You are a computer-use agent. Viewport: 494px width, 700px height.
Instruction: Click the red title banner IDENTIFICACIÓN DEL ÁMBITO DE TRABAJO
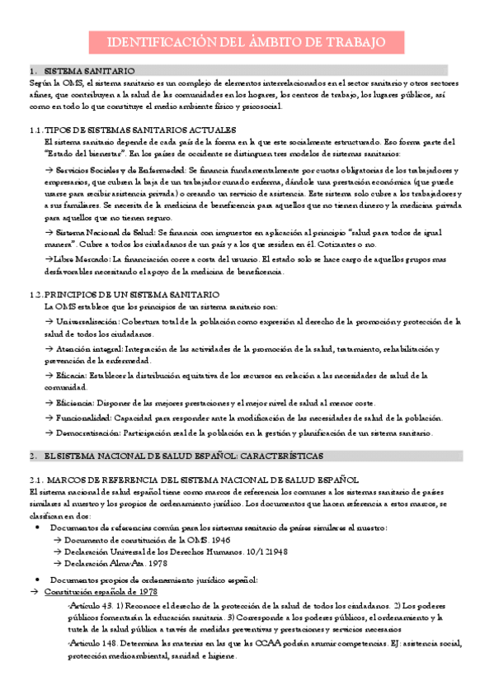pos(247,42)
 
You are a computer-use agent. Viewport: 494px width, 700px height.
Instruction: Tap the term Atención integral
pos(89,348)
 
